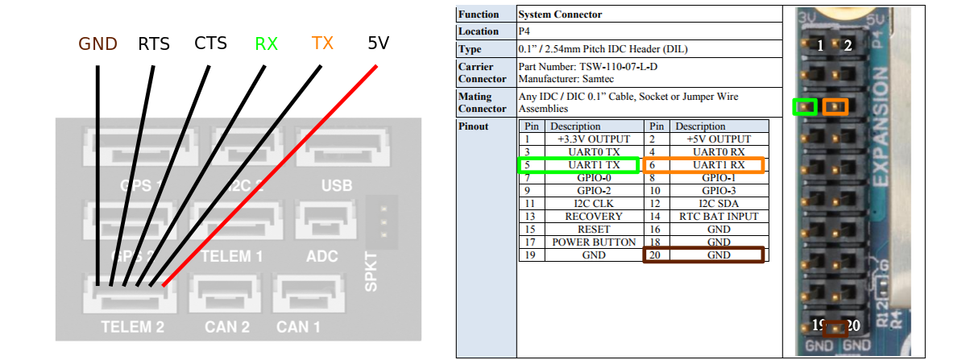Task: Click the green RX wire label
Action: point(266,43)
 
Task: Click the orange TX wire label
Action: point(322,43)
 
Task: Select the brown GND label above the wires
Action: point(97,43)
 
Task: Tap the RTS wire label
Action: point(154,43)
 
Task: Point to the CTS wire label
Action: point(210,43)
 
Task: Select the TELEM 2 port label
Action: point(133,327)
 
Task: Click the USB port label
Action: point(337,186)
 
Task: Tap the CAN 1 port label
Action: point(298,327)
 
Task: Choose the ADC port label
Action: point(322,256)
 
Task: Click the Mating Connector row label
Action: point(482,102)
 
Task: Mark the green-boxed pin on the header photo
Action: point(804,106)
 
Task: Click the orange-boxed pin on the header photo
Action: point(836,106)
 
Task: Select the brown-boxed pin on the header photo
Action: point(836,327)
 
